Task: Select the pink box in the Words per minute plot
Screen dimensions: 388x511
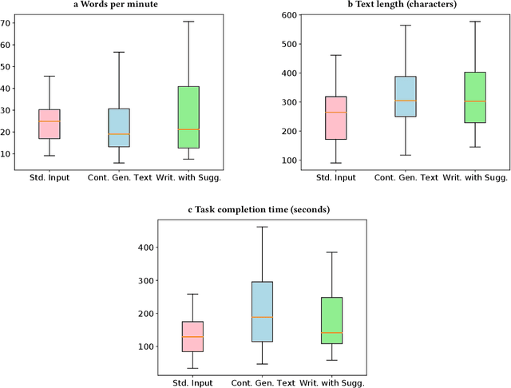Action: tap(50, 124)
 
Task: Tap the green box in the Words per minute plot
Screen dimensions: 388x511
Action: tap(188, 117)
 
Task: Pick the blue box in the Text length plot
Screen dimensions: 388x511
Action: tap(395, 97)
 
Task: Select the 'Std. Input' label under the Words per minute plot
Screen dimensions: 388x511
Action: tap(50, 177)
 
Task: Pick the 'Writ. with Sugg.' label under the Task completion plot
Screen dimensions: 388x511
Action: tap(331, 382)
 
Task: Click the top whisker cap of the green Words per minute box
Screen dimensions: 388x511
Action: tap(188, 22)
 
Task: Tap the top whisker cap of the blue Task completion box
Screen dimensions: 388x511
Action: tap(262, 227)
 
